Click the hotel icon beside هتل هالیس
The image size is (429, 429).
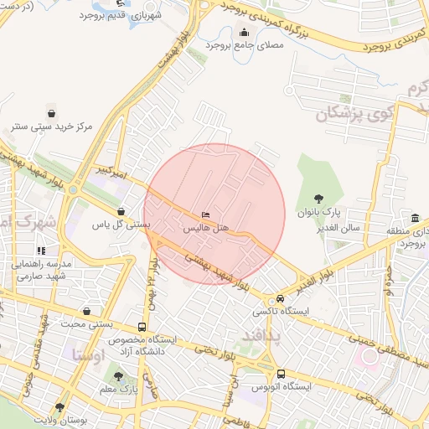point(206,215)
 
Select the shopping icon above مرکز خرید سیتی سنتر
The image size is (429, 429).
point(52,113)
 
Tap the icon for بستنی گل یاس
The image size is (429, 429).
point(122,212)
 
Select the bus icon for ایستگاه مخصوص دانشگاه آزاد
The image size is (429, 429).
point(142,327)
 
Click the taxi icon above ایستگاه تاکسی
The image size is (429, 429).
point(270,299)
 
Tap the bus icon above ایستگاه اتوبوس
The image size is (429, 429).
point(280,374)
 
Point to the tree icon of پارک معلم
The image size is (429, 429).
point(118,378)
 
